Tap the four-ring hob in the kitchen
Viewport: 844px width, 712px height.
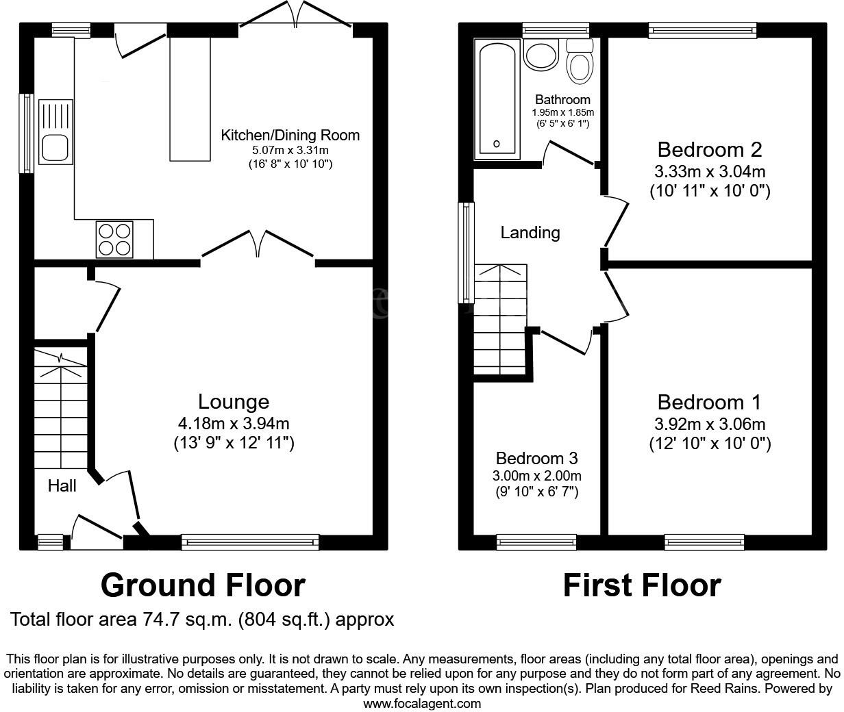click(x=115, y=240)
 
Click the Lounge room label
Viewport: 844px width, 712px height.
click(x=234, y=401)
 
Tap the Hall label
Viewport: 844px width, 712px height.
click(x=62, y=486)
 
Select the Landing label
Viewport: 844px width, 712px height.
click(x=530, y=233)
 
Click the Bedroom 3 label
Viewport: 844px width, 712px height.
click(x=537, y=458)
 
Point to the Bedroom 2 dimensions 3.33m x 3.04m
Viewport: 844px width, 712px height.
click(x=710, y=171)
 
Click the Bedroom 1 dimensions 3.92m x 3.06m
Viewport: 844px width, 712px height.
click(x=710, y=424)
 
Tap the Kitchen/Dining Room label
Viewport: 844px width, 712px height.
click(x=290, y=135)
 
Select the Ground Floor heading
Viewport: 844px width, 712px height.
click(x=203, y=585)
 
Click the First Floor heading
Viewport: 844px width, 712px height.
click(x=642, y=585)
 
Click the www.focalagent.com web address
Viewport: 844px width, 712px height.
click(x=421, y=703)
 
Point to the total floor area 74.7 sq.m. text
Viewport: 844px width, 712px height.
click(x=202, y=620)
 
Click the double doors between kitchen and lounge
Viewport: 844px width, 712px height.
click(x=258, y=246)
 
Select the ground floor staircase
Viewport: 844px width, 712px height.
click(x=61, y=411)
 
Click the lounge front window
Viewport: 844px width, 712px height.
click(x=250, y=543)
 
